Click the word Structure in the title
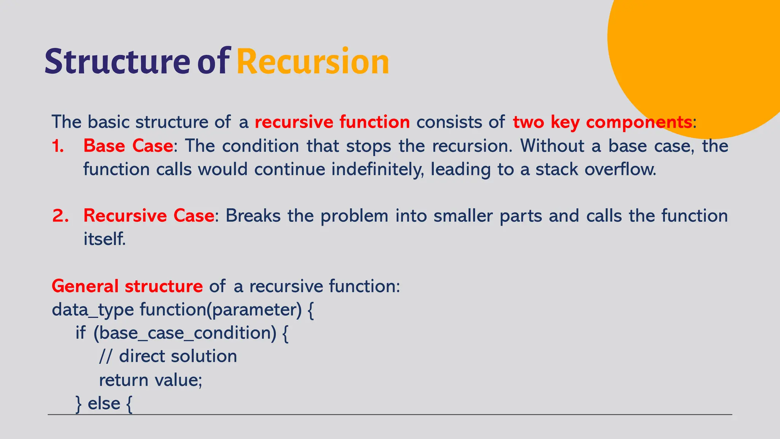[117, 62]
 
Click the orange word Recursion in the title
[313, 62]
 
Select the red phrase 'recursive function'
[332, 122]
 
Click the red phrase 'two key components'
[602, 122]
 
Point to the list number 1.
[58, 146]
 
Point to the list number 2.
[60, 216]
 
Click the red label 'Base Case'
[128, 146]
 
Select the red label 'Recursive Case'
[149, 216]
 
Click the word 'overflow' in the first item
[620, 170]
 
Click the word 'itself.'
[104, 239]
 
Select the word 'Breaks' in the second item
[253, 216]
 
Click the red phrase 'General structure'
[127, 286]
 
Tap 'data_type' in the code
[93, 310]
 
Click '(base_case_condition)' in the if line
[185, 333]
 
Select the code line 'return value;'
[150, 380]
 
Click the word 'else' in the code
[104, 404]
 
